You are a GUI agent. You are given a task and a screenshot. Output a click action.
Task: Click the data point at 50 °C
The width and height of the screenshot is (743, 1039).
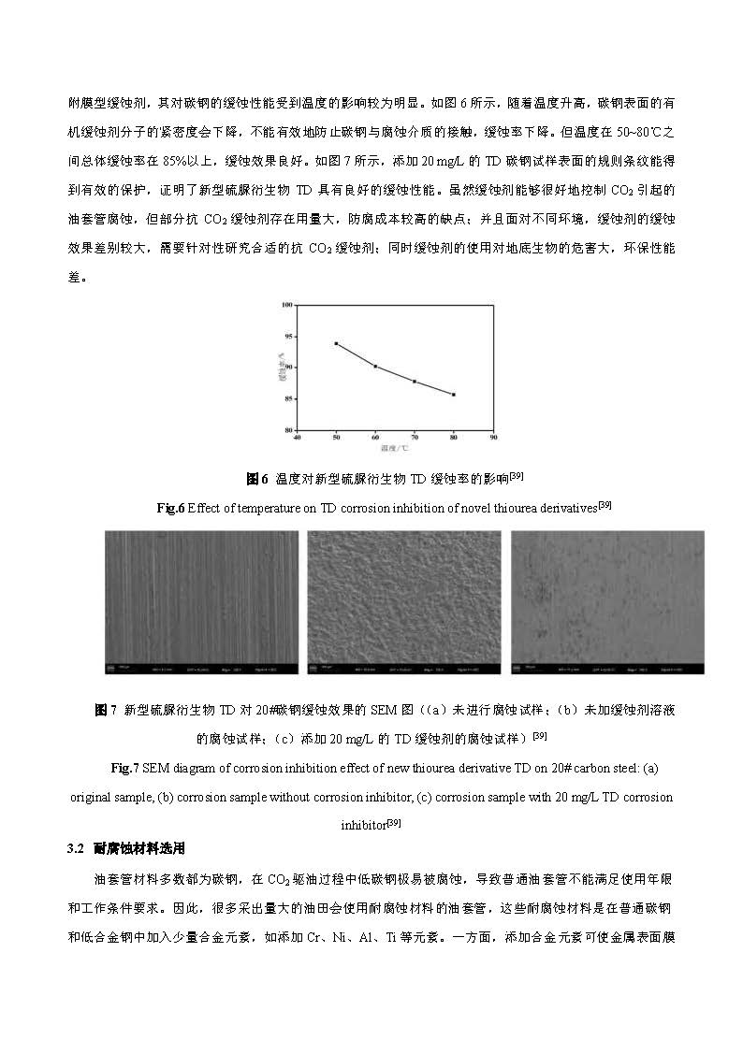[x=336, y=343]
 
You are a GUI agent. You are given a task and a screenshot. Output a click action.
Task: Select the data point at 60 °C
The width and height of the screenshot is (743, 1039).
[x=375, y=367]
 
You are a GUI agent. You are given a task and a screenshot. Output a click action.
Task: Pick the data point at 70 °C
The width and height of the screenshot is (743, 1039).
[x=415, y=382]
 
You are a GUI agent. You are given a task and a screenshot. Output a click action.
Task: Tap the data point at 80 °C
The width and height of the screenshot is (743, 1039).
[x=454, y=395]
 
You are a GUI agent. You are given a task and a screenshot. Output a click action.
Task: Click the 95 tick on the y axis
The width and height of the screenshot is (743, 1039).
[x=290, y=336]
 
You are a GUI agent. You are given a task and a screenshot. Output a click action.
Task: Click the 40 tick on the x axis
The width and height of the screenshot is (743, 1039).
[x=298, y=437]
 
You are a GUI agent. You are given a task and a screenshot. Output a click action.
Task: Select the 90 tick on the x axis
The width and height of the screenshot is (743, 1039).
[x=493, y=437]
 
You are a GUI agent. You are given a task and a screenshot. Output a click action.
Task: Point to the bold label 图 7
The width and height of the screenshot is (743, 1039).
[x=106, y=711]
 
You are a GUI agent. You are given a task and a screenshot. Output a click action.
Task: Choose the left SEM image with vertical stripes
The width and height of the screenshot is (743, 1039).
[x=201, y=602]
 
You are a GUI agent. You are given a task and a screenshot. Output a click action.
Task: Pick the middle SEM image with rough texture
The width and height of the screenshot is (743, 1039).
[x=404, y=602]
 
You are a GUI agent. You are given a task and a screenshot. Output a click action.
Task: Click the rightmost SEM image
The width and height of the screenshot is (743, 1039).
[x=607, y=602]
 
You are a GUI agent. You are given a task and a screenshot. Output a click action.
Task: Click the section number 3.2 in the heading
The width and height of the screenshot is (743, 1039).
[x=76, y=849]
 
